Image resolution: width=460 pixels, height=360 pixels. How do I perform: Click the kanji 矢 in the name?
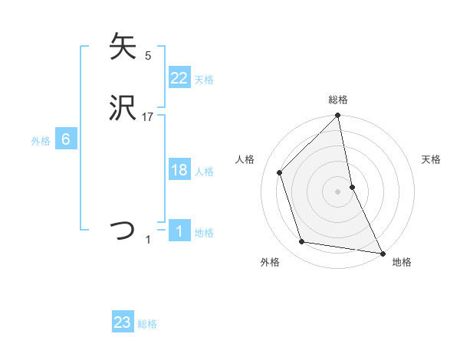click(123, 47)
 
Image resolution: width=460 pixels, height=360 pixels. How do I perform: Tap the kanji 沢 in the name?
click(123, 109)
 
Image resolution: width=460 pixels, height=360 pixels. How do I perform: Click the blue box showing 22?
click(179, 78)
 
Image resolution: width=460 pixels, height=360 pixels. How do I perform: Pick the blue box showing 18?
click(179, 170)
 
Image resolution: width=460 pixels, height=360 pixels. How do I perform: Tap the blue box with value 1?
click(179, 231)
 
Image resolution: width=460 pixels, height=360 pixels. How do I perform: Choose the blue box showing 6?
click(66, 139)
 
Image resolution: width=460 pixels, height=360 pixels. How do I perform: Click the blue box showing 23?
click(123, 322)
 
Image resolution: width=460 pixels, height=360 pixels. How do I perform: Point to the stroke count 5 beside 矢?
click(148, 55)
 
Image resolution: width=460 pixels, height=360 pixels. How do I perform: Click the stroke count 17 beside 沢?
click(149, 117)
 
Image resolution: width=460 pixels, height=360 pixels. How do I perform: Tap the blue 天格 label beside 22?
click(204, 80)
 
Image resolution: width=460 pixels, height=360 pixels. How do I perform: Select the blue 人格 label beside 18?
click(204, 172)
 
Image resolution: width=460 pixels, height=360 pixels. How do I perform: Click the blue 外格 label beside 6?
click(41, 141)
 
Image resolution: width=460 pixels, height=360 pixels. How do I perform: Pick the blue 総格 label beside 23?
click(147, 324)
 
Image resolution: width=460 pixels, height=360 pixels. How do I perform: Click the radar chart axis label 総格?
click(338, 100)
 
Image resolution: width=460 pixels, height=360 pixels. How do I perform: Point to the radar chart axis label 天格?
click(432, 159)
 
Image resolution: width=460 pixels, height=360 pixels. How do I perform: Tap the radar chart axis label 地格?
click(402, 263)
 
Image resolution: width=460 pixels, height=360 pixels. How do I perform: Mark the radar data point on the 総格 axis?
click(338, 116)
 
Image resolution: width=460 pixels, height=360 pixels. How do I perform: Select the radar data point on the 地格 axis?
click(382, 252)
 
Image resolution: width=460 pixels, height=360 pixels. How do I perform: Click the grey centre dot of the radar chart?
click(338, 191)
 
